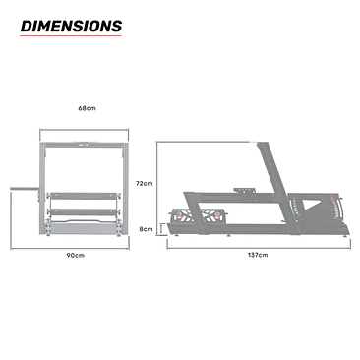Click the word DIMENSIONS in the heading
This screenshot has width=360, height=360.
click(71, 26)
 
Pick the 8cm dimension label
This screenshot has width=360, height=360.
click(145, 228)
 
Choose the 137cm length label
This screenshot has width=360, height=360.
click(257, 255)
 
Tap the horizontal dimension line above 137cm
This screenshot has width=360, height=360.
click(257, 246)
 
